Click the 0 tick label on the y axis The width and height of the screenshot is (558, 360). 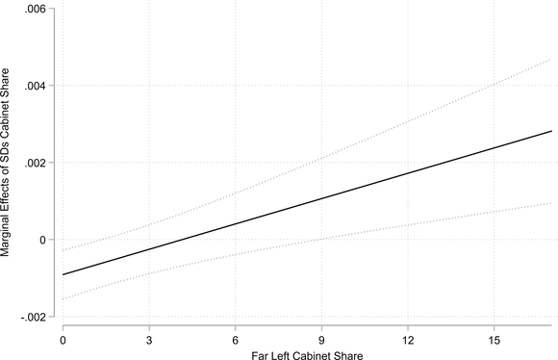[x=40, y=240]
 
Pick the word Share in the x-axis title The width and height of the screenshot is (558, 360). [x=349, y=357]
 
